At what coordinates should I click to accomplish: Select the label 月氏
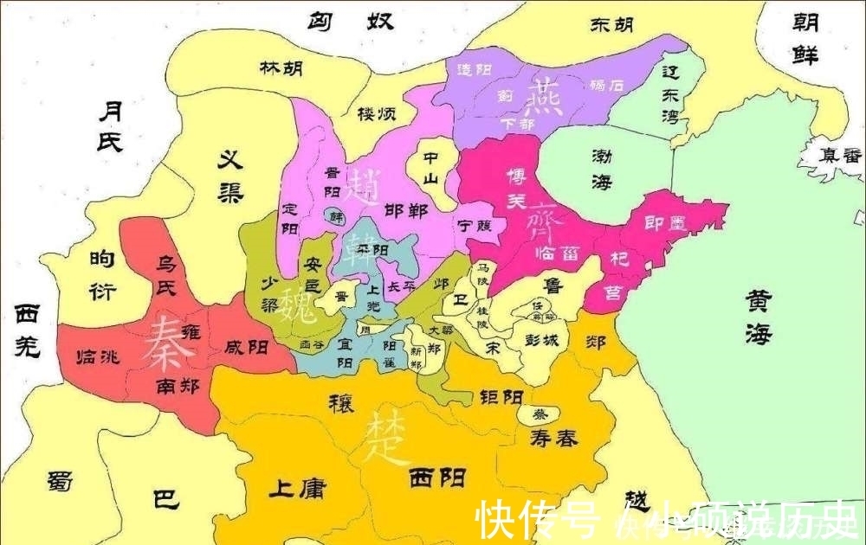tap(110, 125)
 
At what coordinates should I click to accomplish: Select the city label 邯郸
tap(405, 211)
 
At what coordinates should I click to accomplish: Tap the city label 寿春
tap(554, 439)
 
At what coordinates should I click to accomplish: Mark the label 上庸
tap(296, 489)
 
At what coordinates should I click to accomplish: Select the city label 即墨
tap(666, 223)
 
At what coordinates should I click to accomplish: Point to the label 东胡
tap(611, 26)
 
